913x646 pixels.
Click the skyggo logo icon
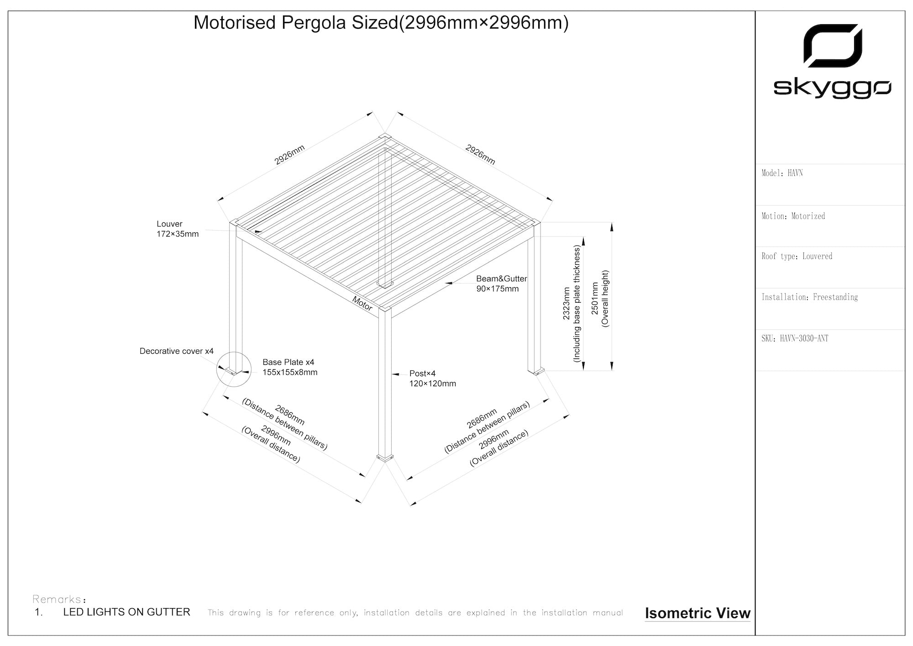(x=832, y=46)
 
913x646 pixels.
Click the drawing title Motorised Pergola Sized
(x=381, y=23)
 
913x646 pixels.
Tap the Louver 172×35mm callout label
(x=177, y=229)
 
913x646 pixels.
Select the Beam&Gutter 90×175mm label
(x=501, y=284)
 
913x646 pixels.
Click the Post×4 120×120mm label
(x=432, y=378)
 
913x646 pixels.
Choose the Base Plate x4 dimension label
(x=289, y=367)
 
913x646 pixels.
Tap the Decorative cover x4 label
(x=176, y=351)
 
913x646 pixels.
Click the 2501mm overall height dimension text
(x=600, y=298)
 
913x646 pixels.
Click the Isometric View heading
(x=697, y=613)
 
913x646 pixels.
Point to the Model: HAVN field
(x=782, y=173)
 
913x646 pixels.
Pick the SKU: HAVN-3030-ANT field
(x=794, y=338)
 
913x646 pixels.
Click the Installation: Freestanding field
(x=809, y=297)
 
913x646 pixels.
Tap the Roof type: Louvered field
(x=797, y=256)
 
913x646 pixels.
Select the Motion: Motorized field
(x=793, y=216)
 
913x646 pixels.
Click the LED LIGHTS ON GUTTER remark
(x=126, y=612)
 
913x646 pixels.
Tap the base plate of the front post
(x=385, y=457)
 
